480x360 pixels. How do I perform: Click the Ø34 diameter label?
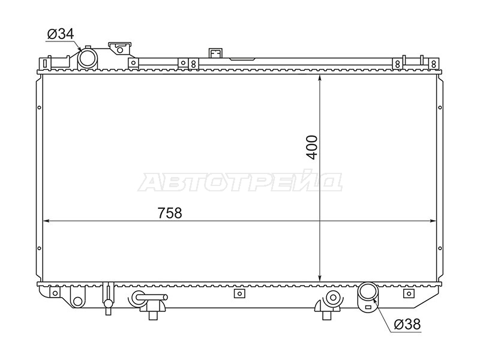click(x=61, y=34)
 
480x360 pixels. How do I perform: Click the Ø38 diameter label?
click(x=407, y=324)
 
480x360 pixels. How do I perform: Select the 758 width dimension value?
click(x=170, y=213)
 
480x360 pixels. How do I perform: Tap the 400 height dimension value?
click(x=312, y=147)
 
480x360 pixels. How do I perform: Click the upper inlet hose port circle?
click(x=87, y=58)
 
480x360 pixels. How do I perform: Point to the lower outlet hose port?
click(x=368, y=292)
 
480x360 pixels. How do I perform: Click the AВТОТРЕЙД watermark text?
click(x=239, y=183)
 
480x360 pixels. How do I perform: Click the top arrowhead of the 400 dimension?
click(x=320, y=79)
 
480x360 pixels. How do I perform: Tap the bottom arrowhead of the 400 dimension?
click(x=320, y=277)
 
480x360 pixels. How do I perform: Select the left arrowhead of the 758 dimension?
click(x=47, y=221)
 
